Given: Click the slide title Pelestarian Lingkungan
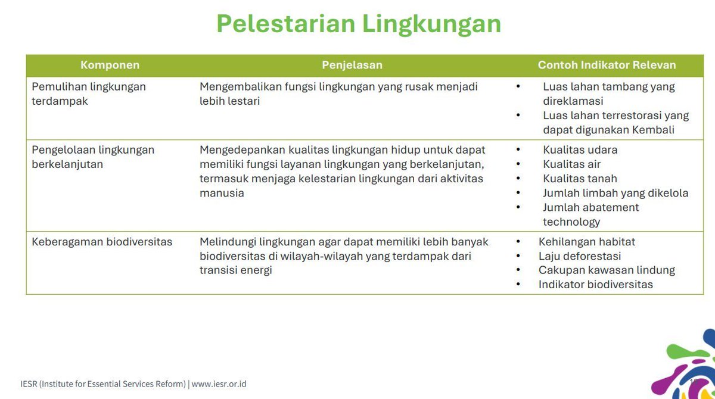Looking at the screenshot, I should (358, 24).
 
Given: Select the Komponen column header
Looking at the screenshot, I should (110, 65).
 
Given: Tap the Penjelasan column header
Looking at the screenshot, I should (352, 65).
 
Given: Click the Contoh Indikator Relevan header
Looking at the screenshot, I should (607, 65).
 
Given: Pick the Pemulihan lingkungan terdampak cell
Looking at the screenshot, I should (89, 93).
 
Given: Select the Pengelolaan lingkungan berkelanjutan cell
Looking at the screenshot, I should (93, 157).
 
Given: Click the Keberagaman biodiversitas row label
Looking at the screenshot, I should (102, 242).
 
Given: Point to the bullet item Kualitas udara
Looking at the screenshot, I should (580, 150).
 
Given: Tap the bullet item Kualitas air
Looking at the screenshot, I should (571, 164).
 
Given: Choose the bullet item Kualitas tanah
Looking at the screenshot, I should (580, 179).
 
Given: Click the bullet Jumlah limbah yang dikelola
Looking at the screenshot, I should (615, 193).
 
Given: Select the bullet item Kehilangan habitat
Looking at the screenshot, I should (586, 242).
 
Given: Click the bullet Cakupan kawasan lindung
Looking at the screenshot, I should (606, 270).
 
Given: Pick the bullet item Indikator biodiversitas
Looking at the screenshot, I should (595, 285).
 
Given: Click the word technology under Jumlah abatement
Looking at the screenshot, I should (571, 222).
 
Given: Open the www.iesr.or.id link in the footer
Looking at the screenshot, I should (219, 384).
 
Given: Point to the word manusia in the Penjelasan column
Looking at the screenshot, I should (222, 193).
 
